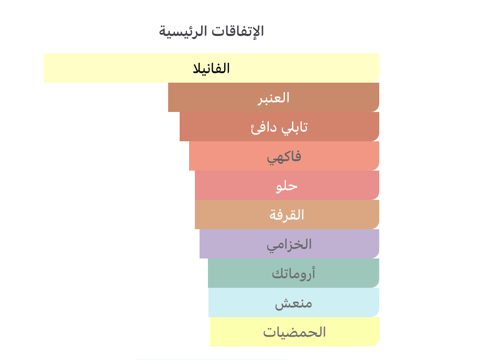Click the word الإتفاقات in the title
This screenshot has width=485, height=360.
coord(238,31)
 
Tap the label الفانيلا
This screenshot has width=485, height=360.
coord(211,69)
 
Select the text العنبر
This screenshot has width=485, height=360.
coord(274,98)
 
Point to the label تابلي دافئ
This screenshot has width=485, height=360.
coord(279,127)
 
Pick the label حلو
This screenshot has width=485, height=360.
coord(286,186)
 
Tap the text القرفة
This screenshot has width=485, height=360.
coord(286,215)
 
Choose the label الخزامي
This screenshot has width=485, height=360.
coord(289,245)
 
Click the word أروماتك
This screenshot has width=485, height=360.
coord(293,274)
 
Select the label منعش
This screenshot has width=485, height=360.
coord(293,303)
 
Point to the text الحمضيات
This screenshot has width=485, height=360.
coord(294,332)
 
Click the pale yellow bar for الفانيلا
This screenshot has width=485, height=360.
coord(212,68)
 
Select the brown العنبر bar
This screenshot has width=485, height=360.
coord(274,97)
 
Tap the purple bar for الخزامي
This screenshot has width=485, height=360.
coord(289,244)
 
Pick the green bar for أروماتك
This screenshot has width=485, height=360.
coord(293,273)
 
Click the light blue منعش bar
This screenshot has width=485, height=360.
coord(294,302)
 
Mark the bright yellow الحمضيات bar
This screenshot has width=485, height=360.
coord(294,332)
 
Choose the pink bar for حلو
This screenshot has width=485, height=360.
coord(287,185)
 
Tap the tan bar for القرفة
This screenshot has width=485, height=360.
coord(287,215)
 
